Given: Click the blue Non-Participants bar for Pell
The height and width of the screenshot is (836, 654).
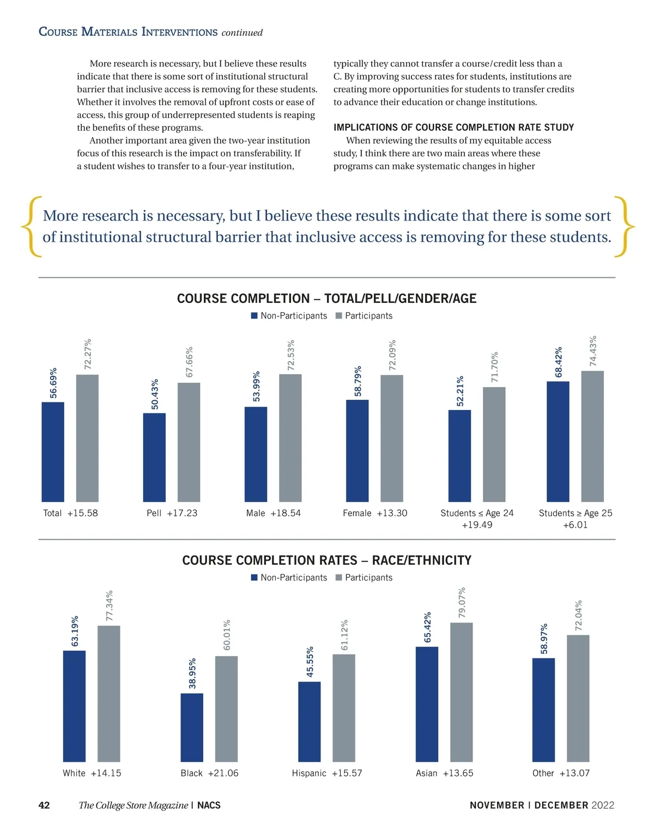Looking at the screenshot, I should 154,457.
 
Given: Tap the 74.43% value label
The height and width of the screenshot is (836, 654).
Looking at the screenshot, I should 593,351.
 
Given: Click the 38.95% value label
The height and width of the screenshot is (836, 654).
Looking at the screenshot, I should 192,673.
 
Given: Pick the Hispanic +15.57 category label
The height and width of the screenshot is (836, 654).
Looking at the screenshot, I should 326,773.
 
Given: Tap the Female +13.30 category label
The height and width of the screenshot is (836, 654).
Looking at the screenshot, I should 374,513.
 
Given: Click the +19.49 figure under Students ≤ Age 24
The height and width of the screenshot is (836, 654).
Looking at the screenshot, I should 476,525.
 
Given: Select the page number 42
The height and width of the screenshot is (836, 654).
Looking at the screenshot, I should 44,805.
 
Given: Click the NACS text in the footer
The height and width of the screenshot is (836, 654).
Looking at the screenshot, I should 209,805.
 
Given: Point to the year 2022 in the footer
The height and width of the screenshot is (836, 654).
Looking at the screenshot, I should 603,805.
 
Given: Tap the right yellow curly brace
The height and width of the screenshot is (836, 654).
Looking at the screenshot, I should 624,226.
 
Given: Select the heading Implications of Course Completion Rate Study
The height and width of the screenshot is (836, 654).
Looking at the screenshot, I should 453,127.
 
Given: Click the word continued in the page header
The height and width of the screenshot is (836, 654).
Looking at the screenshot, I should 242,33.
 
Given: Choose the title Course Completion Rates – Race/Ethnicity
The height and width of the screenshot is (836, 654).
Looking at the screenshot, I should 326,560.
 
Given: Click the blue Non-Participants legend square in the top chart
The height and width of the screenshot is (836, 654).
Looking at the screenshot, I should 254,316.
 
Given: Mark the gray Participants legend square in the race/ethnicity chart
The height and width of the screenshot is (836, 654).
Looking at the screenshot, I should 338,577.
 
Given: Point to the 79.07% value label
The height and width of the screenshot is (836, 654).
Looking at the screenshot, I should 462,602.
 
